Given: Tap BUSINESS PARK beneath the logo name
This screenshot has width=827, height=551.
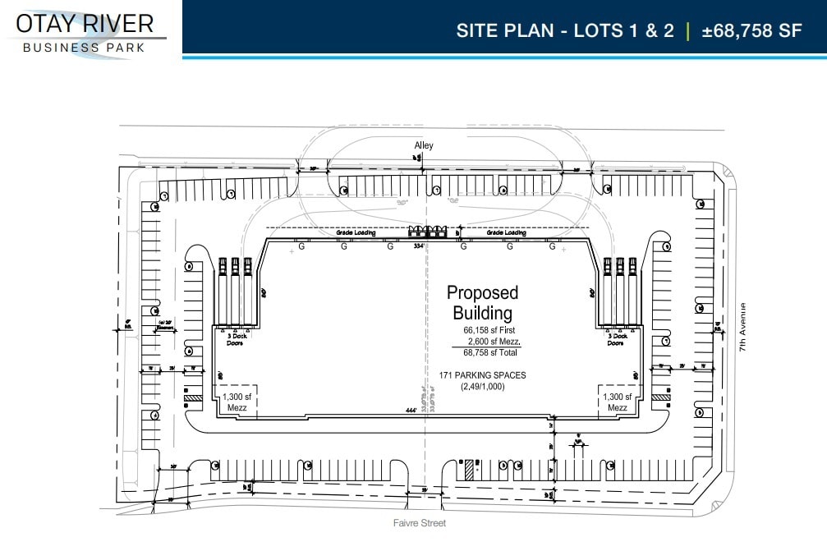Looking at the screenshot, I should tap(84, 48).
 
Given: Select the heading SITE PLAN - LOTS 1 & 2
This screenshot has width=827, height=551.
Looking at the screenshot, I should tap(565, 31).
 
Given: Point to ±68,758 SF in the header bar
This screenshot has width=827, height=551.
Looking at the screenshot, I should tap(751, 31).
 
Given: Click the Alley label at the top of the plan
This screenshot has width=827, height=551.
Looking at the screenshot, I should tap(423, 145).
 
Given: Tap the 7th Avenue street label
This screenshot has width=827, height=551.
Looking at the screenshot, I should tap(743, 328).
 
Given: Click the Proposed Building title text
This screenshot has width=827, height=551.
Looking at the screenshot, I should tap(482, 302).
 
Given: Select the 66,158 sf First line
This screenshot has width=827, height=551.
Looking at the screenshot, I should tap(490, 331).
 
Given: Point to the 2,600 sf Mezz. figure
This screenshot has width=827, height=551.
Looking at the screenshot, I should tap(493, 341).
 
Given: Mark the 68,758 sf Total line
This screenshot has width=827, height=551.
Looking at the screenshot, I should tap(490, 352).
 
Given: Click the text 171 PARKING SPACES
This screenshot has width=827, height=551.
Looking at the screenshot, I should tap(483, 375).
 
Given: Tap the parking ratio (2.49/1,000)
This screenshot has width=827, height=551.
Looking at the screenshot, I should tap(482, 386).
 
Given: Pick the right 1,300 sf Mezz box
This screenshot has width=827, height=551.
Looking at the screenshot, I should tap(617, 402).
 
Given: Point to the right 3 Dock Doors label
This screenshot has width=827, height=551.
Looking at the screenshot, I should tap(616, 339).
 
